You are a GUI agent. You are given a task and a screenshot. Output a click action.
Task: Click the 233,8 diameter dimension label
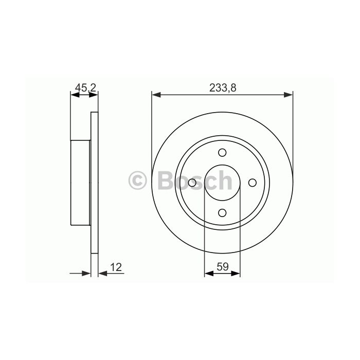223,88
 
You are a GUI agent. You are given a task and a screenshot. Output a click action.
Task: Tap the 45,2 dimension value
85,87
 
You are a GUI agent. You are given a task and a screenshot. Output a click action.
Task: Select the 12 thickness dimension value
116,267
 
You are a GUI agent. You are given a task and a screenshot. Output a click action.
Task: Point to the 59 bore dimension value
223,266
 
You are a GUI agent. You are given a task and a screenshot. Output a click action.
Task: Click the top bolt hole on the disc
222,152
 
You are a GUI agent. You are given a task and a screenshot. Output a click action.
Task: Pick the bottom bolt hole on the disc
222,213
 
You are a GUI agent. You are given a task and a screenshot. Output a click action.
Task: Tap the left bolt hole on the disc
192,183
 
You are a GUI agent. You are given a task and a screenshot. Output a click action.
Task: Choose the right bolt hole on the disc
253,183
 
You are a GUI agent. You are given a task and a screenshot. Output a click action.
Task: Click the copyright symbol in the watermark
137,180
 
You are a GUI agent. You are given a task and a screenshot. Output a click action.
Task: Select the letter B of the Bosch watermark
166,180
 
